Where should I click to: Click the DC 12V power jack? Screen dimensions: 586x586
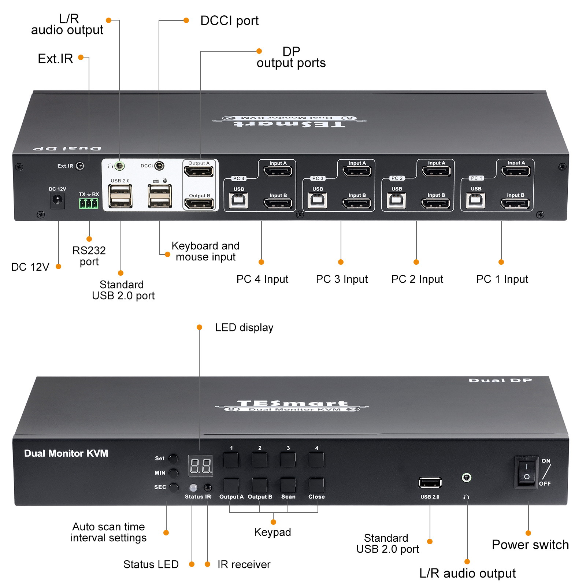click(x=57, y=200)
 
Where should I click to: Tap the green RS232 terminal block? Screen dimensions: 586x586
click(x=89, y=203)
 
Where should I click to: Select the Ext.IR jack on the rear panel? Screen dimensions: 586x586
click(x=80, y=166)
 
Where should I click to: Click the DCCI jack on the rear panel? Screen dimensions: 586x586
click(x=159, y=166)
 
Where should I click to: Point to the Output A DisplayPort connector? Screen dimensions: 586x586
click(x=199, y=171)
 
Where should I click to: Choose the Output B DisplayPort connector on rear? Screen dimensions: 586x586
click(x=199, y=204)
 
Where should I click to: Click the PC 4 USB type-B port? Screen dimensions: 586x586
click(x=238, y=200)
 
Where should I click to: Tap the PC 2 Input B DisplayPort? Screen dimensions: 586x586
click(x=436, y=203)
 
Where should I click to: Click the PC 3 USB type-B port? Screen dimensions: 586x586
click(x=318, y=200)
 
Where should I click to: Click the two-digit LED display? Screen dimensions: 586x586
click(x=200, y=466)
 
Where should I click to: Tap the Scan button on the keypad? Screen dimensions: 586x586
click(x=288, y=486)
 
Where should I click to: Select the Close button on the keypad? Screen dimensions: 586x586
click(x=316, y=486)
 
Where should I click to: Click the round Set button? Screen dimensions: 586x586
click(x=173, y=459)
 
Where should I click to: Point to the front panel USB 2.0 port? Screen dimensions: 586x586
click(x=430, y=483)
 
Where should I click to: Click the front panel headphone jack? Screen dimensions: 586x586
click(x=466, y=477)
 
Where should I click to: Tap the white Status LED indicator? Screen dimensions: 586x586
click(x=193, y=487)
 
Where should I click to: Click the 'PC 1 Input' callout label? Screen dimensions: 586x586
click(x=502, y=279)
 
